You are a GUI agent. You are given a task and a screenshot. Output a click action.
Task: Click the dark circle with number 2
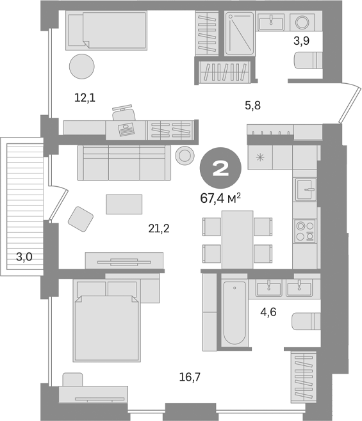click(220, 170)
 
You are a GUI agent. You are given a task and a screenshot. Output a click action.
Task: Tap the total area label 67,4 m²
click(220, 198)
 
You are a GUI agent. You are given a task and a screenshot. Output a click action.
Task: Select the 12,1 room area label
click(85, 97)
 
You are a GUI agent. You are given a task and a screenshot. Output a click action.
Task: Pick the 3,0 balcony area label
click(24, 257)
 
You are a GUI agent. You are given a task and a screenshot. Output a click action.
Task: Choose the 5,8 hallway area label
click(253, 106)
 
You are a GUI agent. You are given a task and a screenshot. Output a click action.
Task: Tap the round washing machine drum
click(301, 22)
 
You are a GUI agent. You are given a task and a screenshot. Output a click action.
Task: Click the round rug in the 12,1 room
click(82, 65)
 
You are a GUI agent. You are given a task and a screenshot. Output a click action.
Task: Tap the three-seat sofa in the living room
click(124, 163)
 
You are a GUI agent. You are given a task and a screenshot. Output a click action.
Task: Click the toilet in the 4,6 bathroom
click(306, 320)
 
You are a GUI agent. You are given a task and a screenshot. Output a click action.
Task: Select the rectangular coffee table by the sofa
click(124, 204)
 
